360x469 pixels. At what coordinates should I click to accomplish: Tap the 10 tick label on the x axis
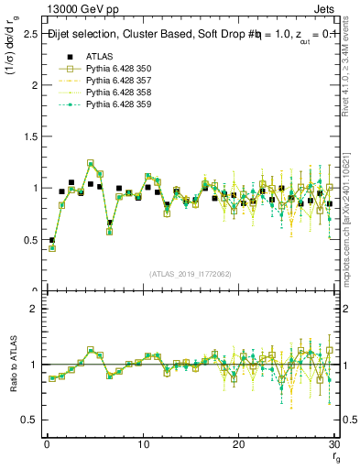tap(143, 444)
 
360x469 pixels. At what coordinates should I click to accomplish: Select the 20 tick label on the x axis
tap(239, 444)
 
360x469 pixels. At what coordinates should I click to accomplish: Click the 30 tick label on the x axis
tap(334, 444)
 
